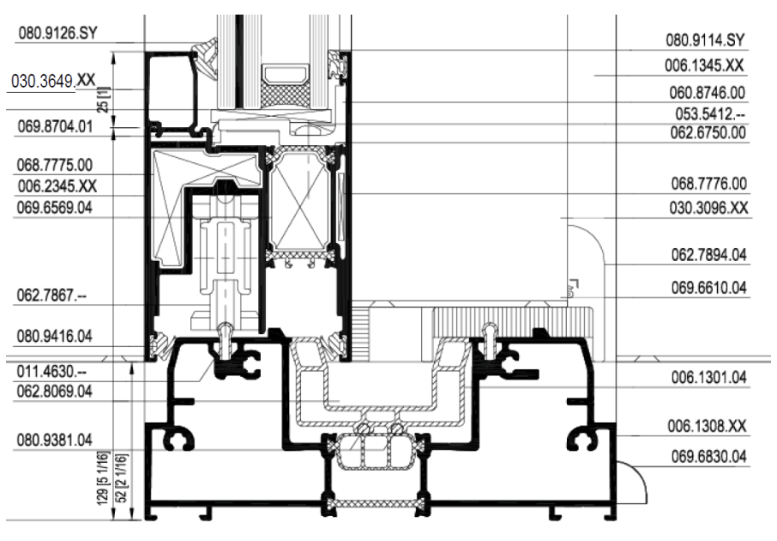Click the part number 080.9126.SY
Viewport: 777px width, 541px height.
pos(58,33)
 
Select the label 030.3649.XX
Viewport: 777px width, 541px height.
pos(53,81)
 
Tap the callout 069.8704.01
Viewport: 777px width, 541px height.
pos(55,126)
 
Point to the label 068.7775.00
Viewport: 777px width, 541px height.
pos(55,165)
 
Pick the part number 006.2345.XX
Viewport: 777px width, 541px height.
pos(57,186)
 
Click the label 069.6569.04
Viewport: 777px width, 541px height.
pos(55,207)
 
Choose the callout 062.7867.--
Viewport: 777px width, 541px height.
pos(51,295)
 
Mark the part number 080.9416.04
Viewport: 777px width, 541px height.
pos(55,337)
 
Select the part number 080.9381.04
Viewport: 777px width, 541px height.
pos(55,440)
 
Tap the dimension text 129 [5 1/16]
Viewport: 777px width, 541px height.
pos(104,478)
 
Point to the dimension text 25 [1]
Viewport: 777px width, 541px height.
pos(104,100)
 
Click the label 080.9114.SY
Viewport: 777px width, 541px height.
pos(705,40)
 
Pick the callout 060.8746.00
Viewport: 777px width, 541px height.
pos(708,93)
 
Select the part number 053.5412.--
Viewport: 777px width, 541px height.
pos(710,114)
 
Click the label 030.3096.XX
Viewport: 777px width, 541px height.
pos(708,208)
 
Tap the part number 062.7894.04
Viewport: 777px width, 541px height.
pos(708,255)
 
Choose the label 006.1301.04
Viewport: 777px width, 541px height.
pos(708,378)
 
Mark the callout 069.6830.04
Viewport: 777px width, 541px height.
pos(708,457)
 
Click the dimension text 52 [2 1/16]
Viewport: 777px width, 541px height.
pos(123,477)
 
